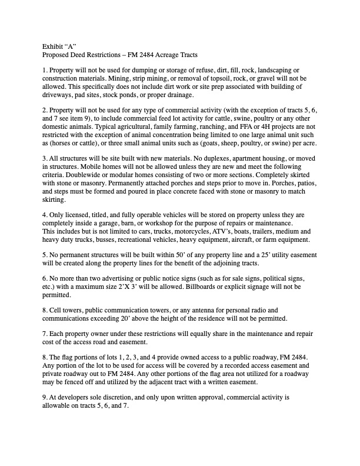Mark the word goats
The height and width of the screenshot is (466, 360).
pyautogui.click(x=221, y=142)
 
